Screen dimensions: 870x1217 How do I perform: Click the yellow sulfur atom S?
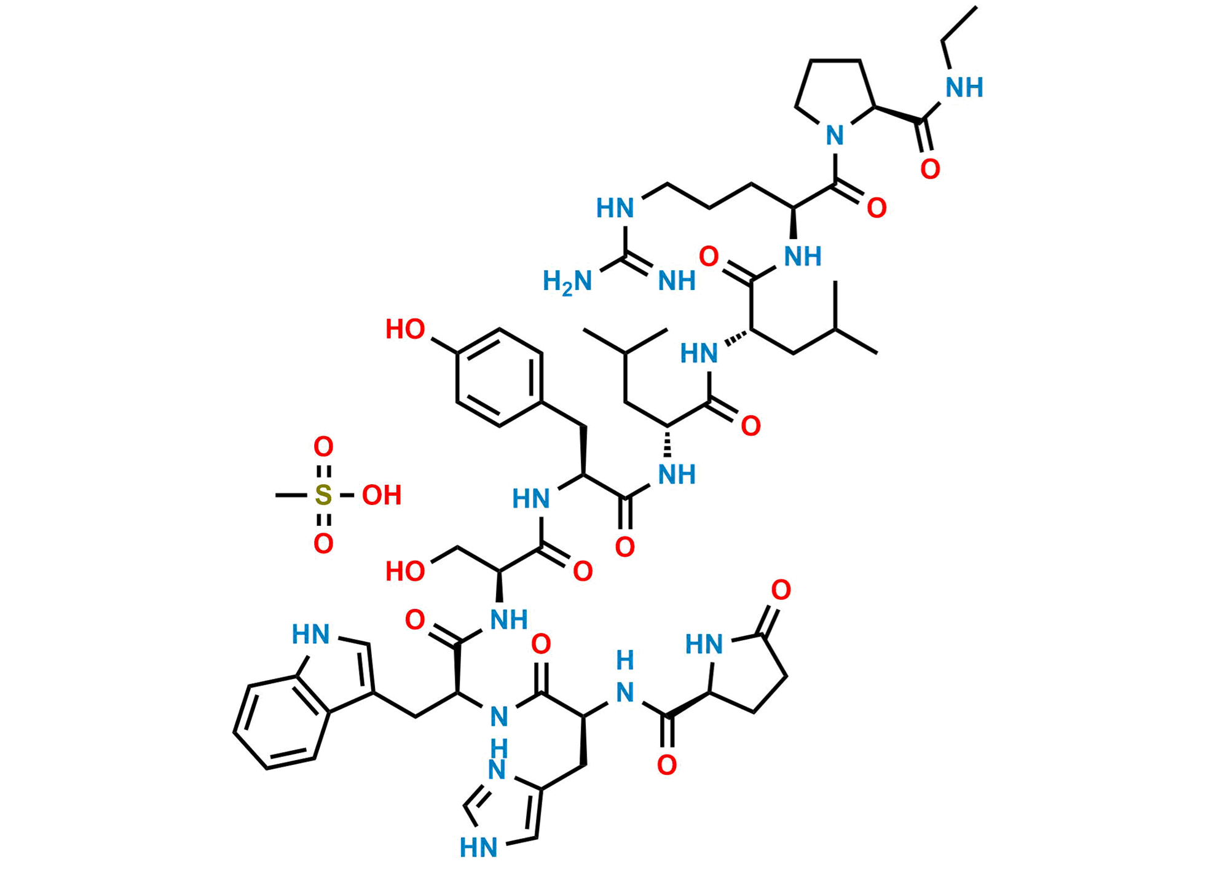(323, 495)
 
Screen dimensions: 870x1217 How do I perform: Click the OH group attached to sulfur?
(382, 495)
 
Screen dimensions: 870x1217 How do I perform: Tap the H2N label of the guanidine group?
(567, 282)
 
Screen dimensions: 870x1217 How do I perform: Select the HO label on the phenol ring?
(405, 329)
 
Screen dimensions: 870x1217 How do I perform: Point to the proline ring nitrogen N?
(835, 135)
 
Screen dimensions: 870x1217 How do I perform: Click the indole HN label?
(311, 634)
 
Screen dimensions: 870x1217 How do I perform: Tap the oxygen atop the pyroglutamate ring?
(781, 590)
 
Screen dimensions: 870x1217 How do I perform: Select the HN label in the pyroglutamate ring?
(704, 645)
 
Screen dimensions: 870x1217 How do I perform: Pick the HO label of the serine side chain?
(405, 571)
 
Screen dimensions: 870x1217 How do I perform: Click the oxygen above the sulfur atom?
(323, 447)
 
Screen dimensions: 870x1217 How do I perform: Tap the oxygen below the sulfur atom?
(323, 544)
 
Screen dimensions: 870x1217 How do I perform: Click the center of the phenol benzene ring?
(500, 377)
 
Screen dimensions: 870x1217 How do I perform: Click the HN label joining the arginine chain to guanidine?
(615, 208)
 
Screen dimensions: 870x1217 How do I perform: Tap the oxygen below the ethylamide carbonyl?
(930, 168)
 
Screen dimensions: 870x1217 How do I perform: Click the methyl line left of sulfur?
(289, 495)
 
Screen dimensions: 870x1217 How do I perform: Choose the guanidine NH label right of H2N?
(677, 281)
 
